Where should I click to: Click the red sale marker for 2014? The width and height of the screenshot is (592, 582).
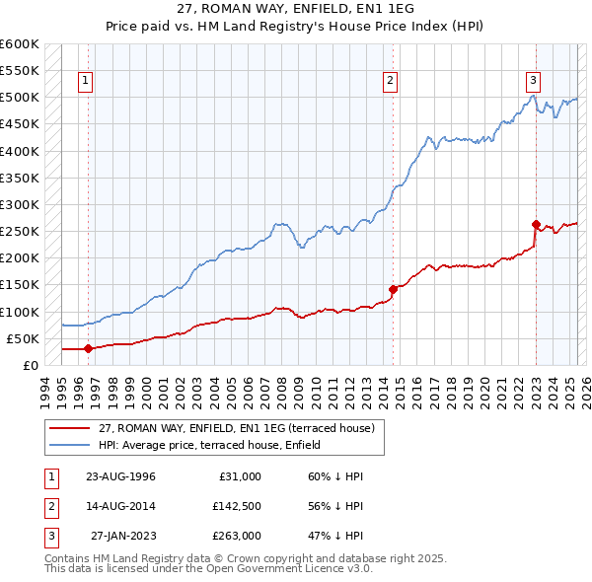(x=393, y=289)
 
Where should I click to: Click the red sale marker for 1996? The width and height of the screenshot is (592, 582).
(x=88, y=348)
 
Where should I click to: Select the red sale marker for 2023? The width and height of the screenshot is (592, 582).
(x=536, y=224)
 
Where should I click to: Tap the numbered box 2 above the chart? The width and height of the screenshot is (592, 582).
(x=391, y=81)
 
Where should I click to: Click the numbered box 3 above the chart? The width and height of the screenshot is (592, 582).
(x=533, y=81)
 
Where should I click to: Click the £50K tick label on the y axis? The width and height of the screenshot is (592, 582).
(x=24, y=338)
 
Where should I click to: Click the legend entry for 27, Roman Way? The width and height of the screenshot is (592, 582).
(x=236, y=429)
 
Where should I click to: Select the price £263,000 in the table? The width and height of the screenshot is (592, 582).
(x=237, y=536)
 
